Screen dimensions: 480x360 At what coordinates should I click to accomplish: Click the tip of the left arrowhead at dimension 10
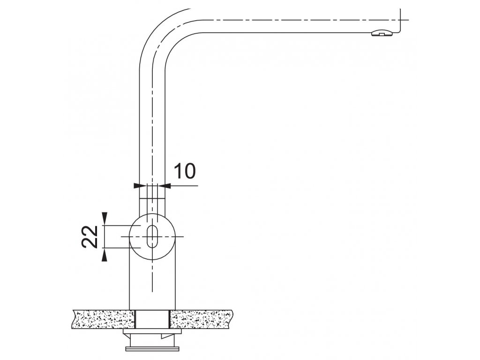(140, 186)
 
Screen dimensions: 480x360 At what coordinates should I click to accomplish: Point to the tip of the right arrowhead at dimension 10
(165, 186)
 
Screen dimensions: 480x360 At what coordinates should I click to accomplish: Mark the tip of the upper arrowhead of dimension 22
(105, 225)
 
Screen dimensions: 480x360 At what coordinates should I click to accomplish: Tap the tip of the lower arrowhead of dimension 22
(105, 247)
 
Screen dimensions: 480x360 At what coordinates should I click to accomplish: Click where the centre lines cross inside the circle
(152, 237)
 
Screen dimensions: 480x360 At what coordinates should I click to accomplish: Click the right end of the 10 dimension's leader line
(198, 186)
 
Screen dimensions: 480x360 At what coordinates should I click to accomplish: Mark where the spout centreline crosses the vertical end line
(400, 20)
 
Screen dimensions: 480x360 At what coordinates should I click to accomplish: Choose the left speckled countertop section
(103, 319)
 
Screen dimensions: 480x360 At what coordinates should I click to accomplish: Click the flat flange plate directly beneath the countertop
(152, 331)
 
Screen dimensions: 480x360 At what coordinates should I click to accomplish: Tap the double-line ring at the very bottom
(152, 349)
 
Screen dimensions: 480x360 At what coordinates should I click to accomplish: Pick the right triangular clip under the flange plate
(168, 336)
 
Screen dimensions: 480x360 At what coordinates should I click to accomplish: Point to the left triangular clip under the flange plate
(127, 336)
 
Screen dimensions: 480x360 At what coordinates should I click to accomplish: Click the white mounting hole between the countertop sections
(152, 319)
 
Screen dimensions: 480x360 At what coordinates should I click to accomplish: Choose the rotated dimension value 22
(90, 237)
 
